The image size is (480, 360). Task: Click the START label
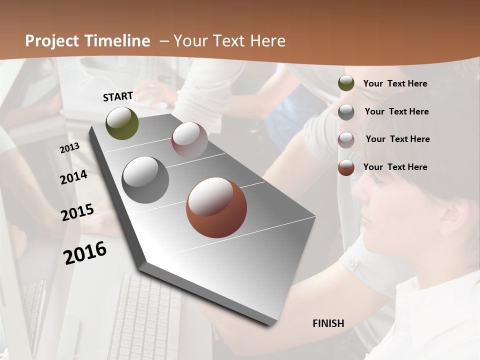tap(118, 96)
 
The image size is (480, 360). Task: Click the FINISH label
tap(328, 323)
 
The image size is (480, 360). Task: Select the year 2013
tap(70, 148)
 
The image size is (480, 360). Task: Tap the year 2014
tap(74, 177)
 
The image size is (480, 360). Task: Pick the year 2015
tap(77, 212)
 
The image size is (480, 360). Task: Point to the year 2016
tap(85, 253)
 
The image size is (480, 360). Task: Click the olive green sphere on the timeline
tap(122, 123)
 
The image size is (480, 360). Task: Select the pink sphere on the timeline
tap(189, 140)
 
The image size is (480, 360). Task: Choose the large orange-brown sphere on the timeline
tap(216, 207)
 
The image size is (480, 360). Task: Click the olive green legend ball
tap(346, 83)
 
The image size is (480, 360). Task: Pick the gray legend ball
tap(346, 112)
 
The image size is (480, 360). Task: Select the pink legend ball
tap(346, 140)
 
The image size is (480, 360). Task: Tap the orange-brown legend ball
tap(346, 167)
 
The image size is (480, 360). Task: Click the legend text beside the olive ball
tap(395, 83)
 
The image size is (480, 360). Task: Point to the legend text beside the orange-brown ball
tap(395, 167)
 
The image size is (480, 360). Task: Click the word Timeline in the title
tap(118, 41)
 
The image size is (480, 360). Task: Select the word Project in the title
tap(51, 41)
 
